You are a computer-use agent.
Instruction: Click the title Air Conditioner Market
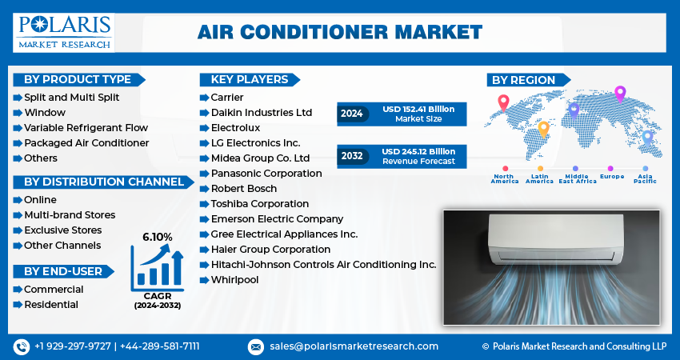click(339, 32)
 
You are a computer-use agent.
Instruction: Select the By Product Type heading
click(78, 79)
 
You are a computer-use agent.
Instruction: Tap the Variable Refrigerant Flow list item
click(86, 128)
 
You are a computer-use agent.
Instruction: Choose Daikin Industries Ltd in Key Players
click(262, 113)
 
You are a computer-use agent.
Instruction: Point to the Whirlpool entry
click(234, 280)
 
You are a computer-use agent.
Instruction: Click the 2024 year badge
click(351, 114)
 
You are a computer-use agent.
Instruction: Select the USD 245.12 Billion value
click(418, 151)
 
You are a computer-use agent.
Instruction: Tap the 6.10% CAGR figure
click(158, 237)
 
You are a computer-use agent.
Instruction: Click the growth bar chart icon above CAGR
click(156, 266)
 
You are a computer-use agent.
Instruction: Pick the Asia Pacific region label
click(644, 178)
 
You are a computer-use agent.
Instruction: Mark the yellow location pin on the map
click(543, 129)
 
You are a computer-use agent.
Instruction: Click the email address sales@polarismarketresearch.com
click(353, 346)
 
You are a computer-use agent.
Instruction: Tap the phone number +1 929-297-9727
click(73, 346)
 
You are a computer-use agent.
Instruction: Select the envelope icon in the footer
click(255, 346)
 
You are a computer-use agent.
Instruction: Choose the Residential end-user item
click(51, 305)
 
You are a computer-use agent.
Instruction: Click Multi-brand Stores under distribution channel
click(70, 215)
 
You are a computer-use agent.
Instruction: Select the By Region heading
click(523, 80)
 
